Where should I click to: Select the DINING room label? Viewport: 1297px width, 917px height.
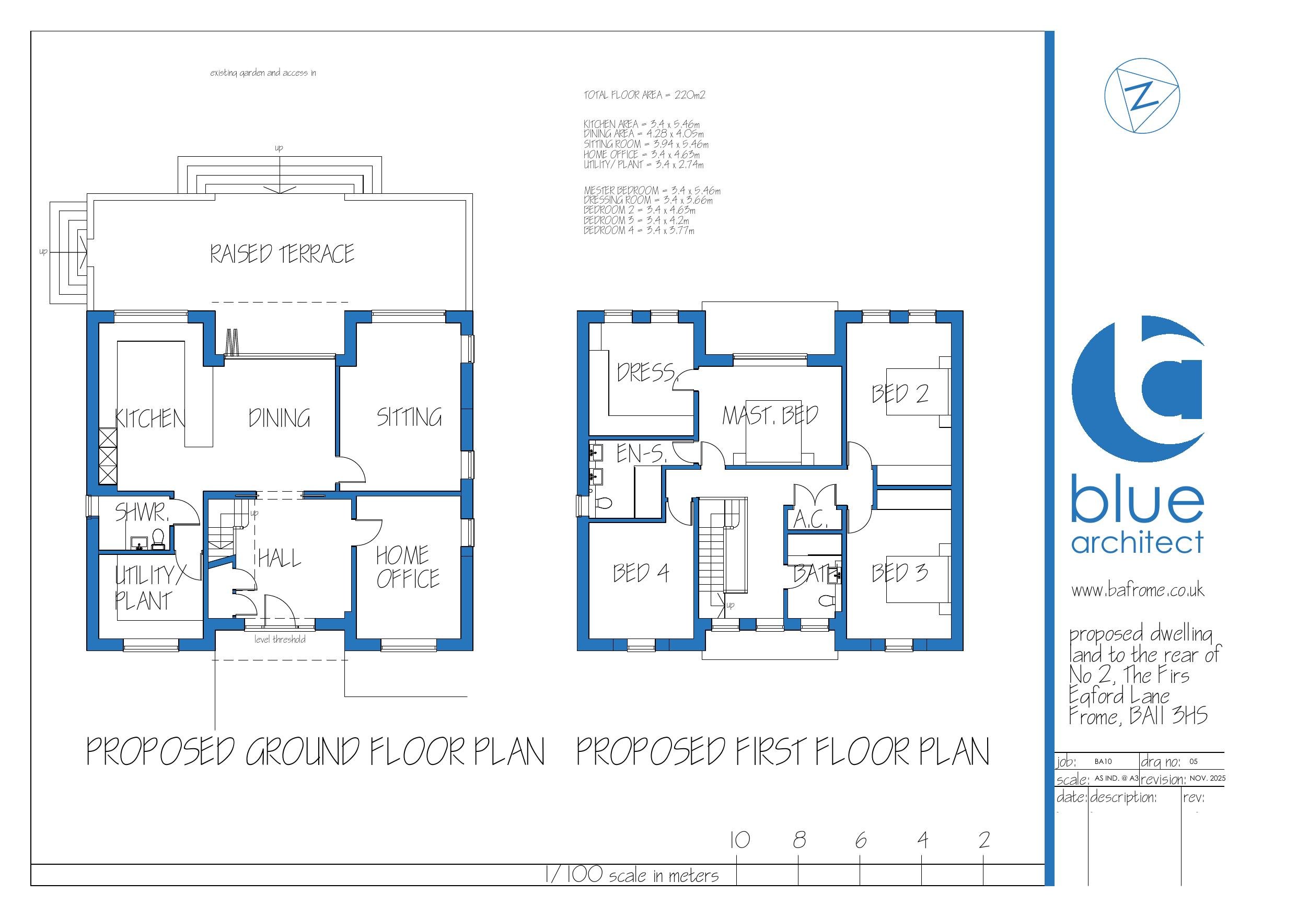click(x=279, y=418)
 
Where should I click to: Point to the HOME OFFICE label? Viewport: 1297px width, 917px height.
click(x=407, y=567)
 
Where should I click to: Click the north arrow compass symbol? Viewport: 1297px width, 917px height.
click(x=1142, y=99)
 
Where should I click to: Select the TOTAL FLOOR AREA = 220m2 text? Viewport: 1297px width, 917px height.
click(x=644, y=95)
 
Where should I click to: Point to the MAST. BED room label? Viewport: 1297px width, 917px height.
click(x=769, y=416)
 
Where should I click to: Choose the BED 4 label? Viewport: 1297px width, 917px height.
click(x=641, y=573)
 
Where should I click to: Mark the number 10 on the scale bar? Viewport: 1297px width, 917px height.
click(x=739, y=840)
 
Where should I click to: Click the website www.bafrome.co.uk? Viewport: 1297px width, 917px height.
click(x=1138, y=590)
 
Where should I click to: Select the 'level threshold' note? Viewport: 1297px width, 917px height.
click(x=280, y=639)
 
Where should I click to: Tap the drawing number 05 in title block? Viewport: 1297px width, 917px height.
click(x=1193, y=761)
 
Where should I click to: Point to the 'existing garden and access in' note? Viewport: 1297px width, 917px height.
click(x=263, y=73)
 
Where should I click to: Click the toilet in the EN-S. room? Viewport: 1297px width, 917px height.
click(x=604, y=502)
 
